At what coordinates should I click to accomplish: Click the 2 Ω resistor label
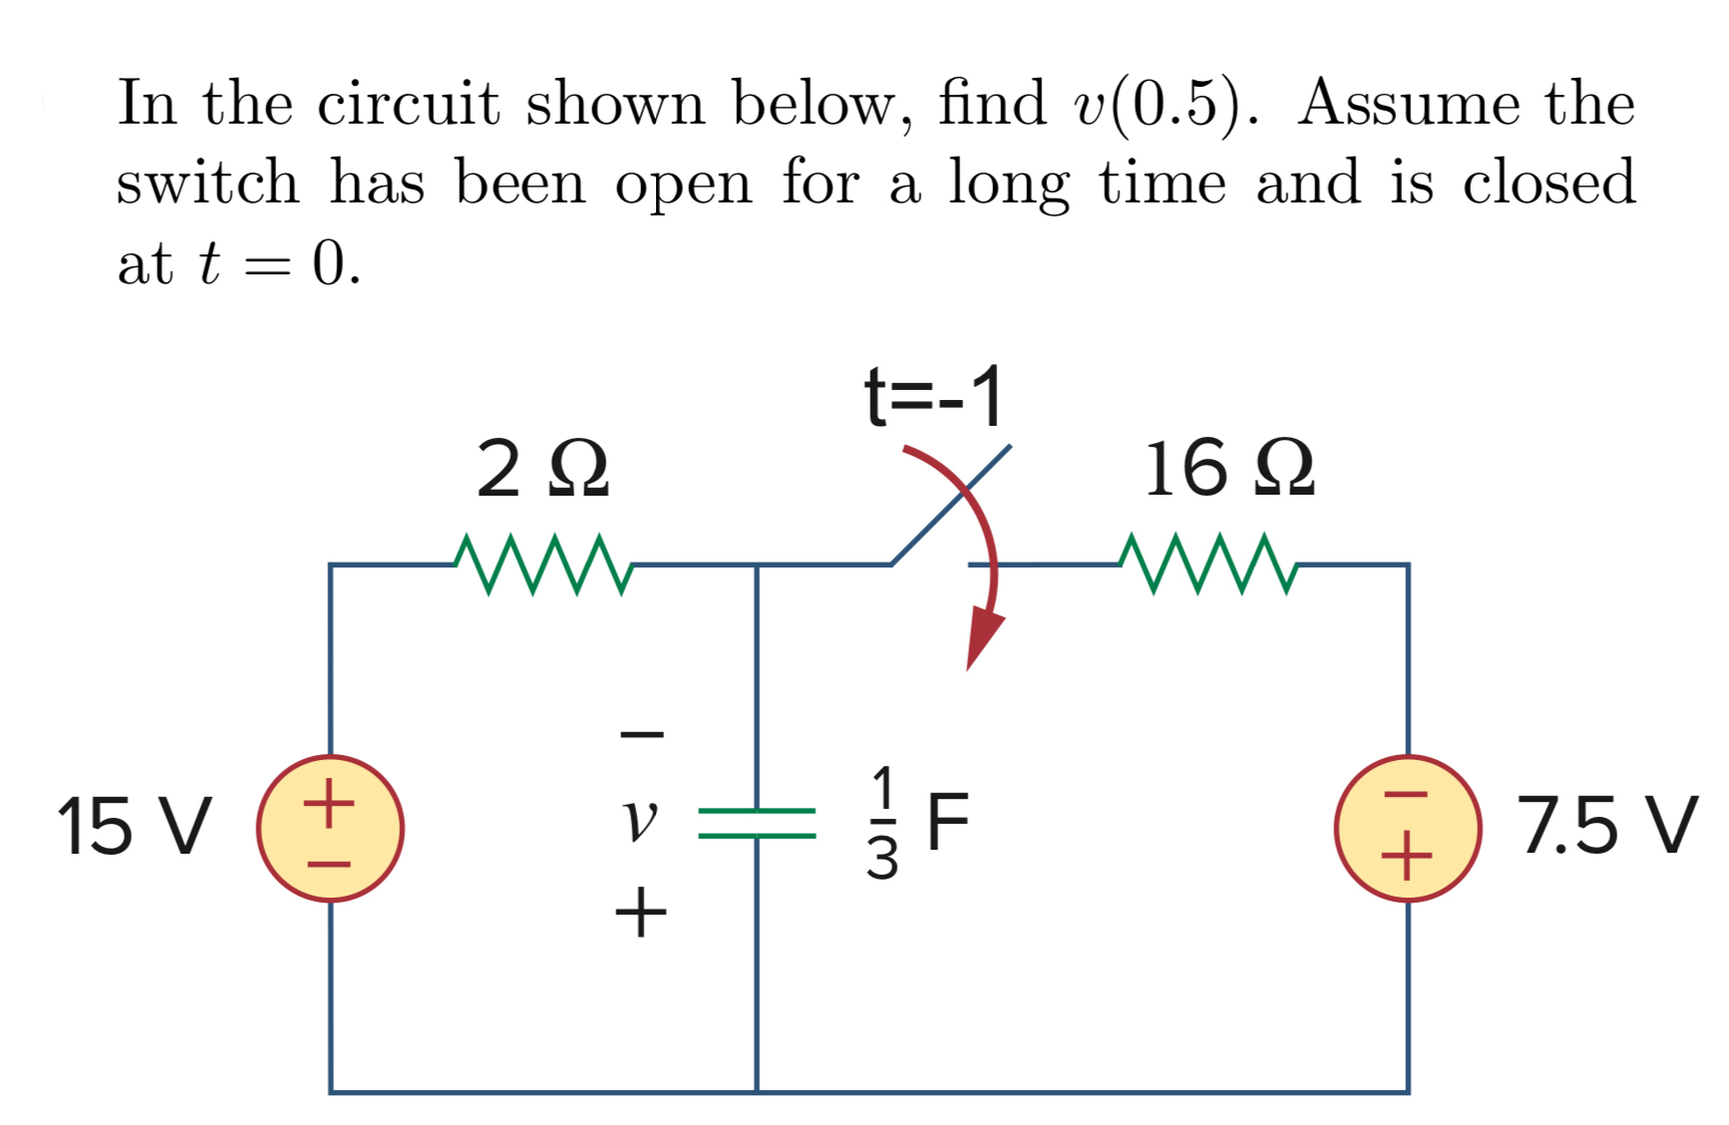pyautogui.click(x=542, y=470)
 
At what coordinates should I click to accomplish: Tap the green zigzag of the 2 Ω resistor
pyautogui.click(x=542, y=565)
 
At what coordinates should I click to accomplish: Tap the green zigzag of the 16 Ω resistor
pyautogui.click(x=1208, y=565)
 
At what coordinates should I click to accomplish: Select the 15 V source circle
pyautogui.click(x=330, y=828)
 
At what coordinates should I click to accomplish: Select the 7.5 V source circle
pyautogui.click(x=1407, y=828)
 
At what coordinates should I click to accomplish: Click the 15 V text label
pyautogui.click(x=134, y=827)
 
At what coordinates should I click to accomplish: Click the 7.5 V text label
pyautogui.click(x=1606, y=826)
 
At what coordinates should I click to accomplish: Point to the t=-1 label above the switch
pyautogui.click(x=933, y=397)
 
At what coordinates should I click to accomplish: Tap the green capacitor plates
pyautogui.click(x=757, y=824)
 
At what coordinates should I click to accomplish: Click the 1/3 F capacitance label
pyautogui.click(x=915, y=824)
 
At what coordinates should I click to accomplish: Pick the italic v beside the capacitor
pyautogui.click(x=639, y=820)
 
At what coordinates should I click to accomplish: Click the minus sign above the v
pyautogui.click(x=641, y=736)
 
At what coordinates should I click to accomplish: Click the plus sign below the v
pyautogui.click(x=640, y=913)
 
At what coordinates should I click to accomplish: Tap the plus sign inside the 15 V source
pyautogui.click(x=329, y=801)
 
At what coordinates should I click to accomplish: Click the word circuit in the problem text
pyautogui.click(x=408, y=104)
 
